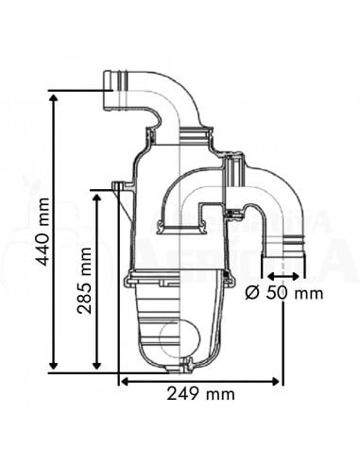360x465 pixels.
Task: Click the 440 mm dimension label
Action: [x=41, y=232]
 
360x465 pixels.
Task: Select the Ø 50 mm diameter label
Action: [x=283, y=293]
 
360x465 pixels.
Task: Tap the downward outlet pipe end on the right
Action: [x=284, y=258]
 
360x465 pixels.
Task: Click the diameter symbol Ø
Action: [x=251, y=293]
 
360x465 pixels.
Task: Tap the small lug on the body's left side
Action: [x=118, y=187]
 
